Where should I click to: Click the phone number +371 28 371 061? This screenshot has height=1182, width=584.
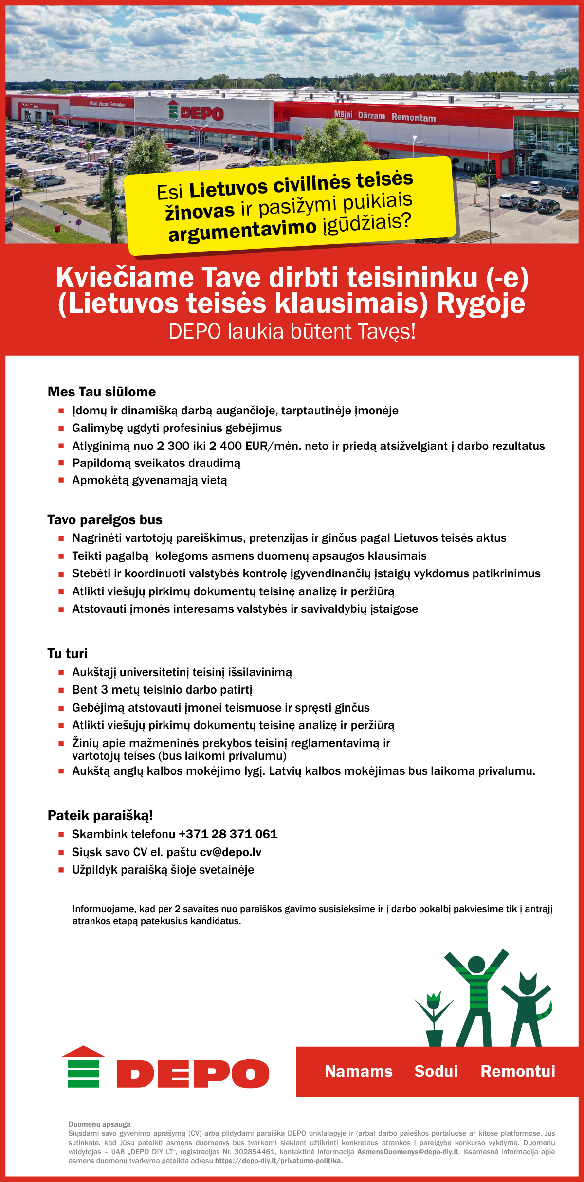pyautogui.click(x=228, y=834)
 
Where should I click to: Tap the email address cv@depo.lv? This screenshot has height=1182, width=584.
pyautogui.click(x=231, y=852)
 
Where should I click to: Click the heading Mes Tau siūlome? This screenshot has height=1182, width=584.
pyautogui.click(x=102, y=392)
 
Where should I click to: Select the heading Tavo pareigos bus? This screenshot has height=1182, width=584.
pyautogui.click(x=105, y=520)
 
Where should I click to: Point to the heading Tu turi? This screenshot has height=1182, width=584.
pyautogui.click(x=68, y=654)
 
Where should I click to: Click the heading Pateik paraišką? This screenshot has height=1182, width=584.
pyautogui.click(x=100, y=816)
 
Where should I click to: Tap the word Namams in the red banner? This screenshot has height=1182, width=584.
pyautogui.click(x=359, y=1072)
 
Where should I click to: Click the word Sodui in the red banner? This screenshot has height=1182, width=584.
pyautogui.click(x=436, y=1072)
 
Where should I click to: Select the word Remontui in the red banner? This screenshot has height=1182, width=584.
pyautogui.click(x=518, y=1072)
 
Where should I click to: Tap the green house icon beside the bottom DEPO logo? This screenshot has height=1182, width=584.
pyautogui.click(x=83, y=1067)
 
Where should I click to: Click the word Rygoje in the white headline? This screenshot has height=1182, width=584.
pyautogui.click(x=480, y=304)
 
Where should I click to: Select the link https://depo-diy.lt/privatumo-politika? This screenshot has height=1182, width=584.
pyautogui.click(x=279, y=1161)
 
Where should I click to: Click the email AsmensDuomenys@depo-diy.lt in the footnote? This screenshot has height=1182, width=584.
pyautogui.click(x=408, y=1152)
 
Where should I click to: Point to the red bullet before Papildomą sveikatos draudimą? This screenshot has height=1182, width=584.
pyautogui.click(x=61, y=463)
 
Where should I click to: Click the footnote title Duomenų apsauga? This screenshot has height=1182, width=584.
pyautogui.click(x=99, y=1124)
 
